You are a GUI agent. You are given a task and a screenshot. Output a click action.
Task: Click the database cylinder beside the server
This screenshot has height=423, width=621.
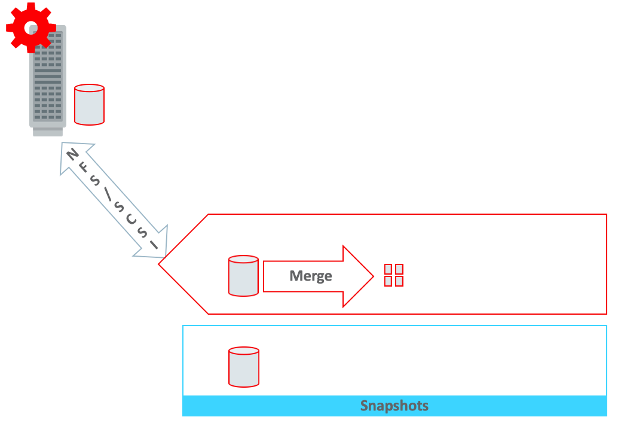(89, 105)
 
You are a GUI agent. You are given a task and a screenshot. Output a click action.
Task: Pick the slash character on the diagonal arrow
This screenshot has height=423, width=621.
(108, 195)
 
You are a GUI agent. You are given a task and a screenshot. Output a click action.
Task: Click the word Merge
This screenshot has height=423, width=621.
(310, 276)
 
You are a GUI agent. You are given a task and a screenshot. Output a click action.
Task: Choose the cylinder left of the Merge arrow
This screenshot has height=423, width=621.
(243, 276)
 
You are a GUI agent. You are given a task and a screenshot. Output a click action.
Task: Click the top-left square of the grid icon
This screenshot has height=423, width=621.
(388, 269)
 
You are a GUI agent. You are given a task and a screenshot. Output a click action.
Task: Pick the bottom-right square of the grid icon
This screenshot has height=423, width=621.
(399, 281)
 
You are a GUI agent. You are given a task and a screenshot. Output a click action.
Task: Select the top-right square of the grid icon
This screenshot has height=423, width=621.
(399, 269)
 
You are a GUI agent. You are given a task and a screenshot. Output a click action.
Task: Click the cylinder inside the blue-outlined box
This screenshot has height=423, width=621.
(243, 367)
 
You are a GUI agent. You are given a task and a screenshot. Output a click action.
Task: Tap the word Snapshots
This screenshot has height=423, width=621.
(394, 406)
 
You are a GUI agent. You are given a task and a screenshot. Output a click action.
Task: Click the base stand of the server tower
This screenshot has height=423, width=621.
(48, 132)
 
